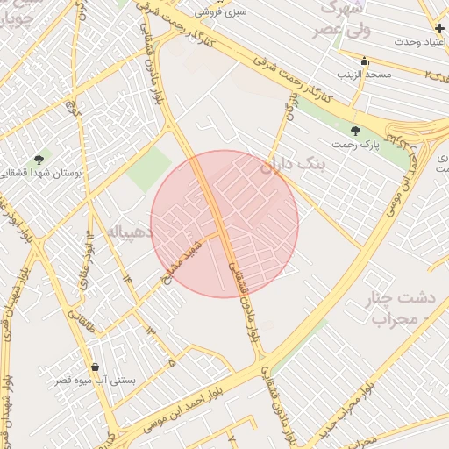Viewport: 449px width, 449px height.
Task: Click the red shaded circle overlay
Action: (x=224, y=224)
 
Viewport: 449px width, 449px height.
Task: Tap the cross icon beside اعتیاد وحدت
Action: (x=439, y=28)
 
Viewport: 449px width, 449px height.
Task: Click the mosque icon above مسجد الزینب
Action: (x=365, y=61)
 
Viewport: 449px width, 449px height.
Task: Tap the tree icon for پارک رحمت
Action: (x=355, y=130)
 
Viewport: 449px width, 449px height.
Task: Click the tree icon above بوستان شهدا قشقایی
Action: (x=39, y=159)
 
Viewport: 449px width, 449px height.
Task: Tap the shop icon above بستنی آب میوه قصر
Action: (x=95, y=367)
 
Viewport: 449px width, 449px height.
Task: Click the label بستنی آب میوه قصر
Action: (x=95, y=381)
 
